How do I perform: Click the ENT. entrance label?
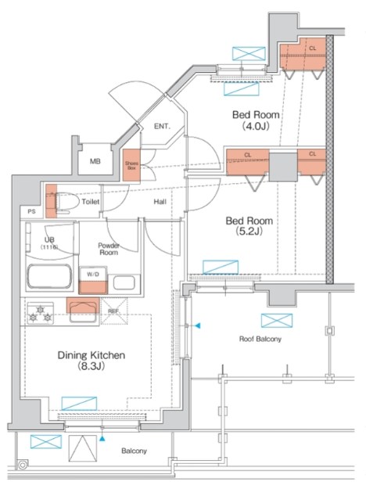pyautogui.click(x=162, y=126)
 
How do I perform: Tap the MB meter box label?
pyautogui.click(x=95, y=161)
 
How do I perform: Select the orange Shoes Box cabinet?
pyautogui.click(x=131, y=165)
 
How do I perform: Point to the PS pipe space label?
pyautogui.click(x=31, y=211)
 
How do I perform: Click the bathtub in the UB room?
pyautogui.click(x=49, y=277)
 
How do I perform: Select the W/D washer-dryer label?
pyautogui.click(x=93, y=275)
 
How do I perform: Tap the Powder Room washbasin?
pyautogui.click(x=124, y=282)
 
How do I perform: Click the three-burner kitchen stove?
pyautogui.click(x=40, y=314)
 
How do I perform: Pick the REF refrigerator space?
pyautogui.click(x=114, y=311)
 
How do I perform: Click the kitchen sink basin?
pyautogui.click(x=83, y=312)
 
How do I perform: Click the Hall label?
pyautogui.click(x=160, y=202)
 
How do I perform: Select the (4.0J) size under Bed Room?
pyautogui.click(x=256, y=126)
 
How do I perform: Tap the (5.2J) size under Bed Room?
pyautogui.click(x=249, y=231)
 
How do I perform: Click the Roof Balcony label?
pyautogui.click(x=260, y=339)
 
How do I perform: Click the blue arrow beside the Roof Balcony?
pyautogui.click(x=198, y=326)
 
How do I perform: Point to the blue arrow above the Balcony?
pyautogui.click(x=102, y=439)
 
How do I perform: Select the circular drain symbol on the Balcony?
pyautogui.click(x=23, y=466)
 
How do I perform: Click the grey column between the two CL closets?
pyautogui.click(x=283, y=167)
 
